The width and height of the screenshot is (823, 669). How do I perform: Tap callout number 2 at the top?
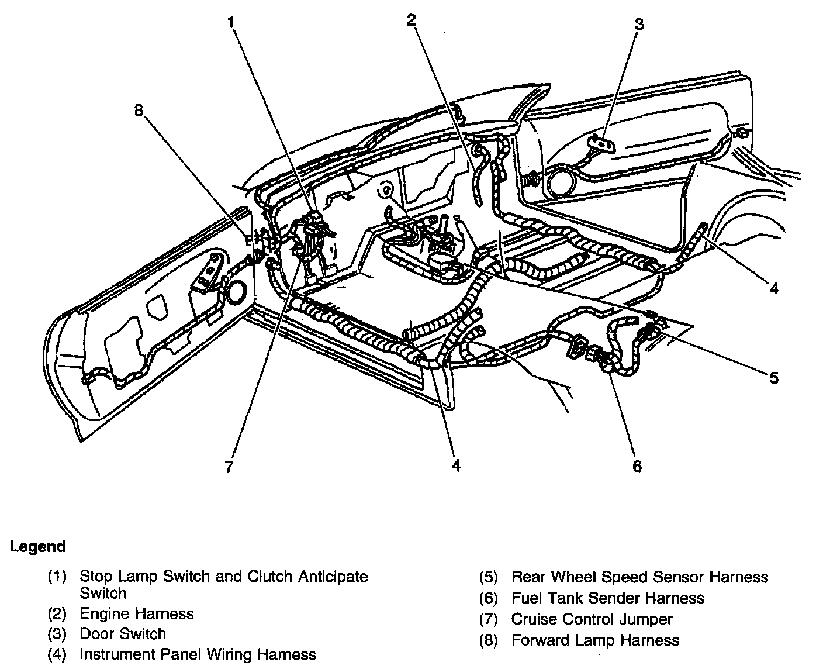point(411,20)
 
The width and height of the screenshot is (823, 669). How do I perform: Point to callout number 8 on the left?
point(139,111)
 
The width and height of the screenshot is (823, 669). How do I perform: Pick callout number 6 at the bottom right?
point(637,466)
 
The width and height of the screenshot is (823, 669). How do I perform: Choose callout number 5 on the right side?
point(773,378)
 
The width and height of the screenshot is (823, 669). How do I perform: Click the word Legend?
point(37,547)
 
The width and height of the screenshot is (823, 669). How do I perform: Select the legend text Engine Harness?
point(136,613)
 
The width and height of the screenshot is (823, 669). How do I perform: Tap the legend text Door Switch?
point(123,634)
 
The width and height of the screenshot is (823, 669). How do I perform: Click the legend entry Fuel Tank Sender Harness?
point(608,598)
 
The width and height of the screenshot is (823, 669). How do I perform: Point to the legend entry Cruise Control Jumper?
point(592,619)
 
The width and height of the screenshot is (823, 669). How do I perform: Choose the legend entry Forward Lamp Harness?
point(595,640)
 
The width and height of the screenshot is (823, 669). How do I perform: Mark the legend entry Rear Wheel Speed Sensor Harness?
point(639,577)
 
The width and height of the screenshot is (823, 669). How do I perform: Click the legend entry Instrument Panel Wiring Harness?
point(198,654)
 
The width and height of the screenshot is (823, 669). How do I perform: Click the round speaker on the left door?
point(237,292)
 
